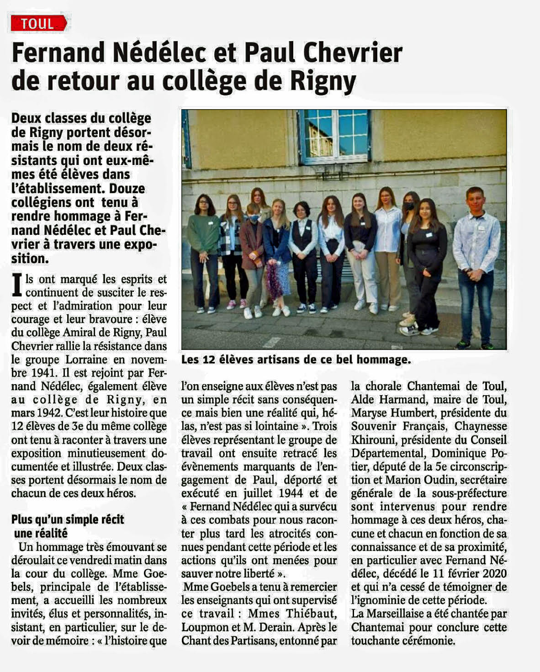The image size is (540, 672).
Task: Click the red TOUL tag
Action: pyautogui.click(x=38, y=23)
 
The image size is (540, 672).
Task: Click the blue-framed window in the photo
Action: pyautogui.click(x=335, y=136)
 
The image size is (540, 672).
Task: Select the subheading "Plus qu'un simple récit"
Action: pyautogui.click(x=68, y=519)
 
